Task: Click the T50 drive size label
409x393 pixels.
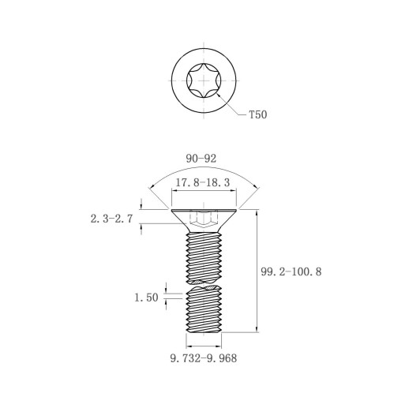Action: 258,114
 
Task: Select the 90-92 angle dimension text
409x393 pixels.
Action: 201,159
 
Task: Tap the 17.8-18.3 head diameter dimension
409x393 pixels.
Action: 202,182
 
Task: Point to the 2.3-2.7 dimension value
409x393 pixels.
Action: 111,219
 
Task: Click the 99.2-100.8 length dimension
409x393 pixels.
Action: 291,271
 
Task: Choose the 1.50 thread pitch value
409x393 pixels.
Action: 146,298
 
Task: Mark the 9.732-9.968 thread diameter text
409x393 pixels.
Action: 204,358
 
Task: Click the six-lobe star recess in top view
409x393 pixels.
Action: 204,80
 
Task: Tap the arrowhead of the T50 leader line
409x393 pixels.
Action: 218,95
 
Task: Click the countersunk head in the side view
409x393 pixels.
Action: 204,221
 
